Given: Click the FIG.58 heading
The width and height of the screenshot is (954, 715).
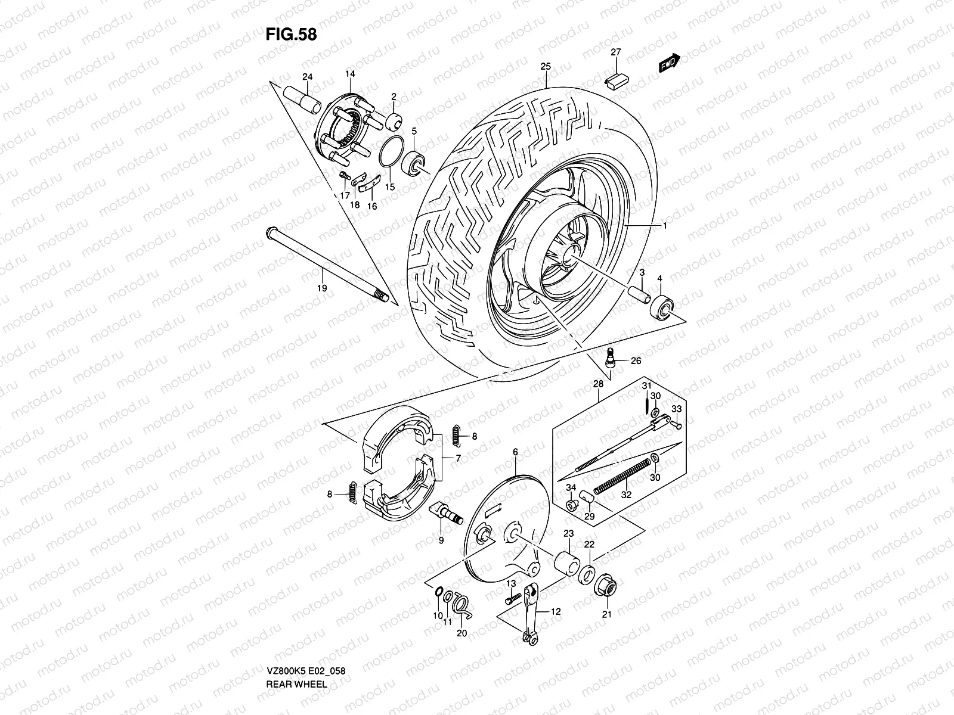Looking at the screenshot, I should point(291,34).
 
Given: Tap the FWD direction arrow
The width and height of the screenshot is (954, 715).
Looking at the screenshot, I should point(669,63).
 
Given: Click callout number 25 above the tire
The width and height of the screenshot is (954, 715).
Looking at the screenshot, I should point(545,66).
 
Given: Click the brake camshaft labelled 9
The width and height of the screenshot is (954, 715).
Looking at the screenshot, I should point(446,513).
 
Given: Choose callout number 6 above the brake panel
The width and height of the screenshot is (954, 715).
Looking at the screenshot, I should point(515,452).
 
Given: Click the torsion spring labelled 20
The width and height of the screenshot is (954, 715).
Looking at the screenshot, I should point(461,605).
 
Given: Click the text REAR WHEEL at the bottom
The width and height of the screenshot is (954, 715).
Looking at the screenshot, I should point(296,651).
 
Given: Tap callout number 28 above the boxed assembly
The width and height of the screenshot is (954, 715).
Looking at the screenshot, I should point(599,384).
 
